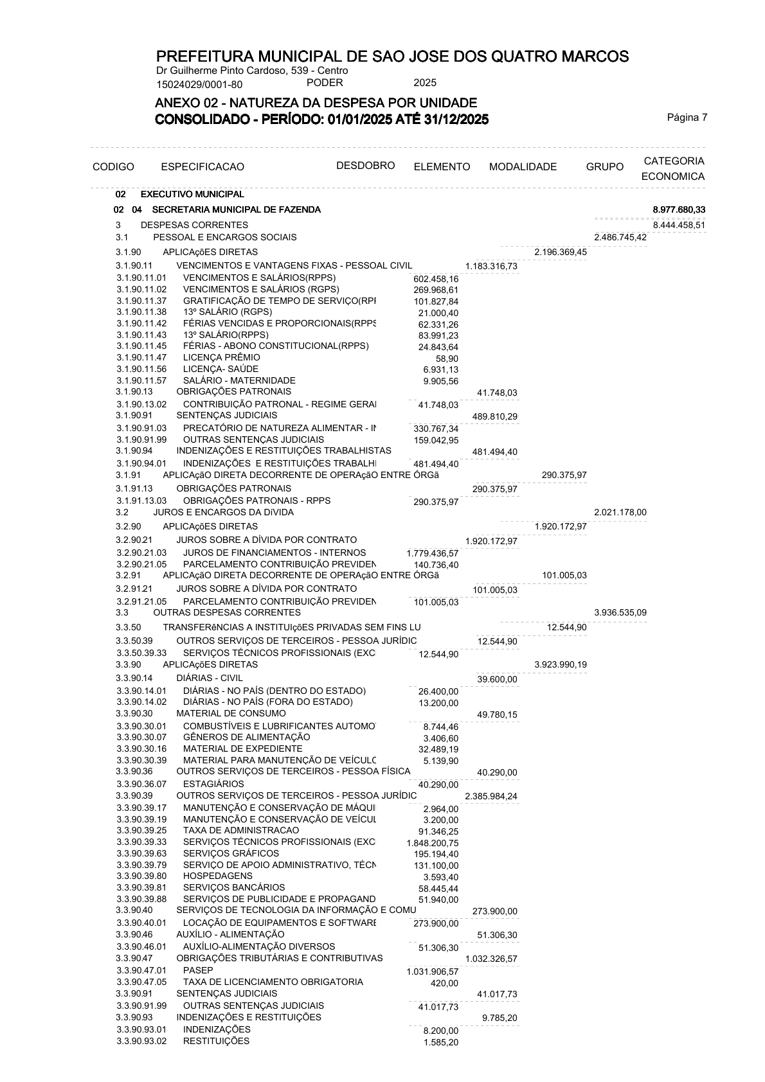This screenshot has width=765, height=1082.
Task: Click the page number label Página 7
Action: click(687, 117)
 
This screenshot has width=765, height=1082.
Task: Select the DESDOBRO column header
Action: click(365, 166)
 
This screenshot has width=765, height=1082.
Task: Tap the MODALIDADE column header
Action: click(523, 167)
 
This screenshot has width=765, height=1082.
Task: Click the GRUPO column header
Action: click(604, 167)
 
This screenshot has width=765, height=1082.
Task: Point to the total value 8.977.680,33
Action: click(679, 210)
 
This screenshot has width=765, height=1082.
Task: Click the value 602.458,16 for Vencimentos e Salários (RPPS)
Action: click(436, 279)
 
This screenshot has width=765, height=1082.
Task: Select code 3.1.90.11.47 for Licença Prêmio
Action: click(141, 358)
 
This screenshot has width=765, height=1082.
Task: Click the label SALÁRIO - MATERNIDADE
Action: click(239, 381)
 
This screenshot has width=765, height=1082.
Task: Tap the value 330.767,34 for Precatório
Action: click(436, 429)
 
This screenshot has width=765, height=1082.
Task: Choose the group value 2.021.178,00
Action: click(620, 512)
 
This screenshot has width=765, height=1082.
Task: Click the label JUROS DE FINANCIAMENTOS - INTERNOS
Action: click(274, 553)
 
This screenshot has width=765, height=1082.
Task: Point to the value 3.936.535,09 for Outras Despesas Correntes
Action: click(620, 612)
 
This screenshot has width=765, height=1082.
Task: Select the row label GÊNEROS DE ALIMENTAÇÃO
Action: click(246, 737)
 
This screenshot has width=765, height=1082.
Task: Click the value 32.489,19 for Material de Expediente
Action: click(438, 749)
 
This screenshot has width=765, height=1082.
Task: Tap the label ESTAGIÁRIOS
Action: click(213, 784)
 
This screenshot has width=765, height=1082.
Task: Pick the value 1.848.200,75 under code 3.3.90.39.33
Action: click(432, 842)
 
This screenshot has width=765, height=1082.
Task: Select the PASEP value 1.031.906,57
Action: click(432, 971)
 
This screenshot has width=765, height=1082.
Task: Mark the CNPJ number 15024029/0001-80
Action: click(199, 84)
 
